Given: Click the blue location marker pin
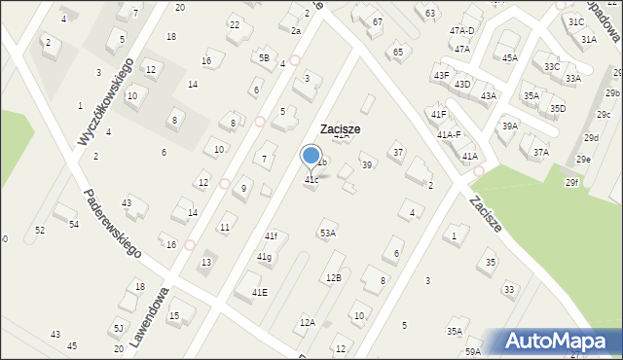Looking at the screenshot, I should (311, 156).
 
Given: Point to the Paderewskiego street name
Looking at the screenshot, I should (113, 223).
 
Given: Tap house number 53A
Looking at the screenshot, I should (328, 234).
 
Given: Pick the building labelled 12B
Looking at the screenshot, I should (333, 278).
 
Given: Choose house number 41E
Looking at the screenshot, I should (260, 292).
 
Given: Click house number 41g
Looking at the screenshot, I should (264, 257).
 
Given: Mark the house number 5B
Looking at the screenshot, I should (264, 57).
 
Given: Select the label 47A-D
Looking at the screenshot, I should (461, 31).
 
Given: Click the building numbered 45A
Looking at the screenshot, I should (510, 58).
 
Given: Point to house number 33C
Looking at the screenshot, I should (552, 66).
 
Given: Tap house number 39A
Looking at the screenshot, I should (509, 126).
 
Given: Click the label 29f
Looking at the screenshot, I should (571, 183).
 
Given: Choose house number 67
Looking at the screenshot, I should (377, 21).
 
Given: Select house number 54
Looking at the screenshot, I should (73, 224).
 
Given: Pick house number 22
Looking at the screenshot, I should (234, 24).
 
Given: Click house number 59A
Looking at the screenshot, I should (472, 351).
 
